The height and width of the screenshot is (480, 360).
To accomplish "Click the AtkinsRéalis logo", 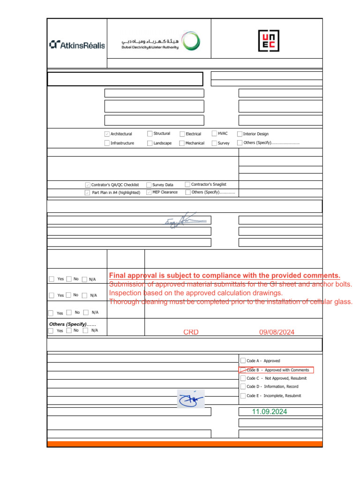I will click(x=77, y=45).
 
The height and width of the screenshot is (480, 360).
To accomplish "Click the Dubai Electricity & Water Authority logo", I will click(x=159, y=42).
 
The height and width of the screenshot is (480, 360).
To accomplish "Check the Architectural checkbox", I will click(x=107, y=134).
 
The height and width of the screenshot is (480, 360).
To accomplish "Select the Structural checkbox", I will click(x=150, y=134).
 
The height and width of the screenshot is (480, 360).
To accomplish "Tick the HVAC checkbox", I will click(x=214, y=134).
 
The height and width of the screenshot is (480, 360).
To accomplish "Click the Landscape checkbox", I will click(x=150, y=143).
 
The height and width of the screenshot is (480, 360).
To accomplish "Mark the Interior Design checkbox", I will click(x=240, y=134).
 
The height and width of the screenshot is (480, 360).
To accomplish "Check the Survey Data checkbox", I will click(x=149, y=185).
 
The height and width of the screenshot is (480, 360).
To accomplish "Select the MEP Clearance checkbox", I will click(x=149, y=192).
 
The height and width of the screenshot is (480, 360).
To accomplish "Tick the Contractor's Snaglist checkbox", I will click(x=187, y=184).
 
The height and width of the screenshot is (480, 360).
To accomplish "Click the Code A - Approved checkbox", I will click(x=242, y=360).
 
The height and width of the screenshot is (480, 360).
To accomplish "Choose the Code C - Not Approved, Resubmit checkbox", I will click(x=242, y=378).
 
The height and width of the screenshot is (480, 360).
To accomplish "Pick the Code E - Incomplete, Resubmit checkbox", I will click(x=242, y=396).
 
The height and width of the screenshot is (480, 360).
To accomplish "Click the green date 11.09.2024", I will click(x=269, y=412).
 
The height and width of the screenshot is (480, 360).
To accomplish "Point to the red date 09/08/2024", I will click(x=277, y=332).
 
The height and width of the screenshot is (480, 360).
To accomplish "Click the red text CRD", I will click(x=191, y=332).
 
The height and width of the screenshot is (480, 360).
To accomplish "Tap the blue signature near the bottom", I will click(x=191, y=399).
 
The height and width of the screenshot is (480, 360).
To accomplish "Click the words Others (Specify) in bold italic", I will click(x=68, y=324).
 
